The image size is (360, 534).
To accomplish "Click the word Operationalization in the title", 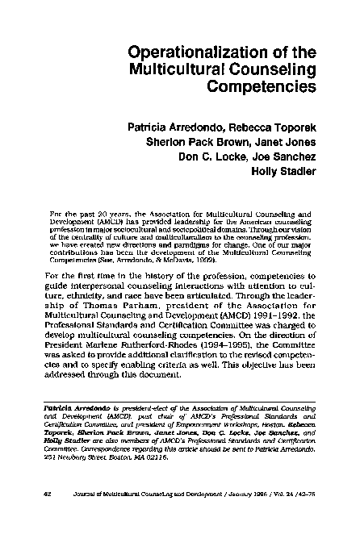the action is [x=190, y=52].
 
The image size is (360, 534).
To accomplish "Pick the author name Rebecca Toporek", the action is [x=272, y=127].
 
